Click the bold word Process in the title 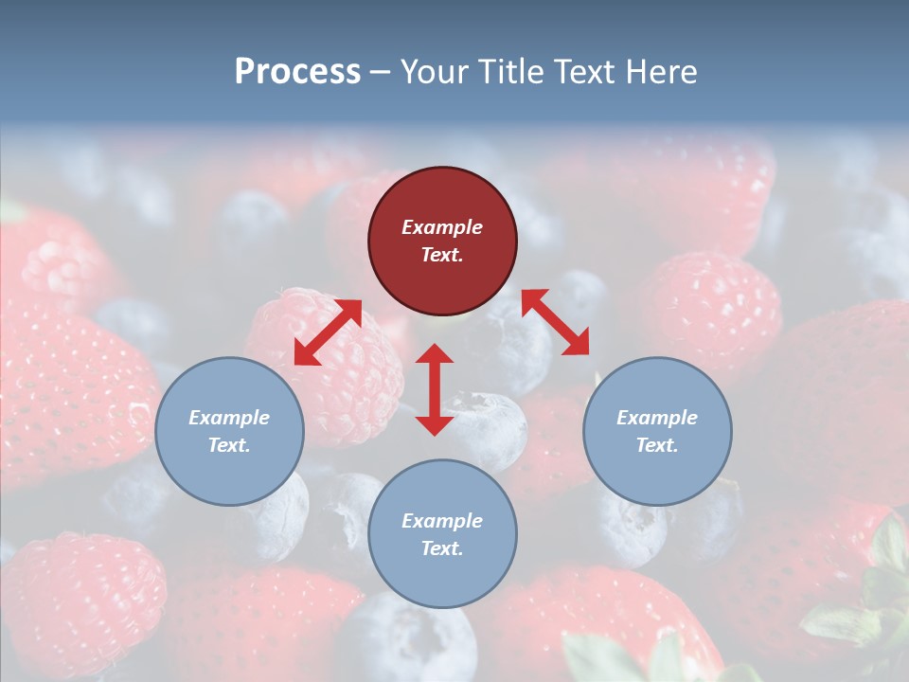(297, 72)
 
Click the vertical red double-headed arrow (435, 389)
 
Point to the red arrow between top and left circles (328, 332)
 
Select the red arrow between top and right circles (555, 322)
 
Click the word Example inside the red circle (442, 227)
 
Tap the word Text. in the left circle (229, 445)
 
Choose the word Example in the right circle (657, 418)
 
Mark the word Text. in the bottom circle (442, 548)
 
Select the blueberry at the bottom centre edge (407, 644)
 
